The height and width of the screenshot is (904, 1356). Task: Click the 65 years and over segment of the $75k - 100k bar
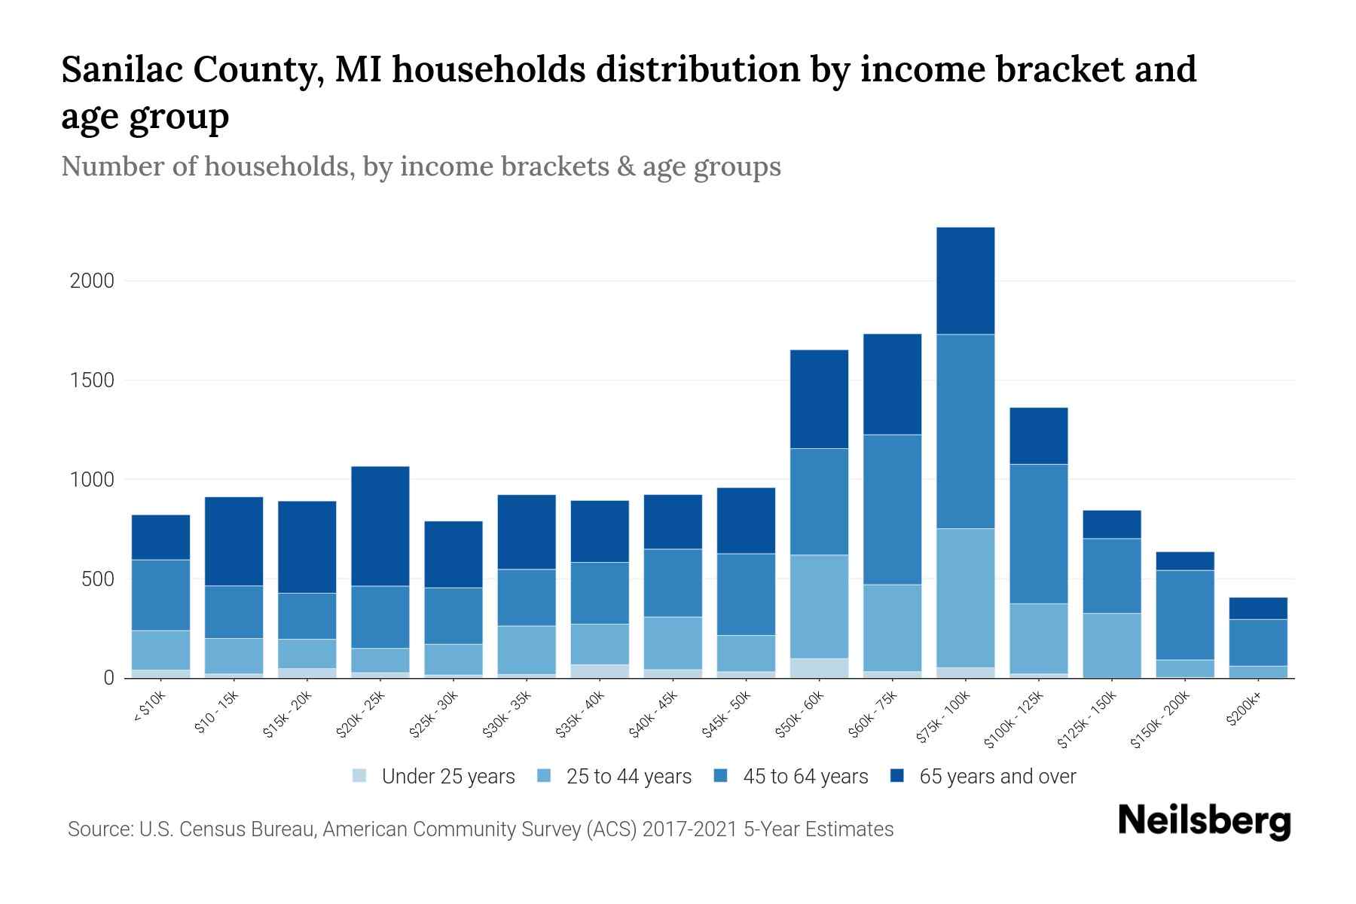(965, 280)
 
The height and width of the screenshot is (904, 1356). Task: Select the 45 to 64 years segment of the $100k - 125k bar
(1038, 533)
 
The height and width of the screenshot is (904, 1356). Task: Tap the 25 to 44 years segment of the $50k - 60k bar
(819, 606)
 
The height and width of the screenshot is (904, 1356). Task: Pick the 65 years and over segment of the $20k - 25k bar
(380, 526)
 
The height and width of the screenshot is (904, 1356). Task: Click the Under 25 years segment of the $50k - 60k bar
(819, 668)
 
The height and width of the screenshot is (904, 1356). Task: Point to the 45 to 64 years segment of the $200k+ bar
(1257, 643)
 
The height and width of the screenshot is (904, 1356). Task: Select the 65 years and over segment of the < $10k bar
(160, 537)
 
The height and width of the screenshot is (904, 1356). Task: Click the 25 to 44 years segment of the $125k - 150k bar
(1111, 646)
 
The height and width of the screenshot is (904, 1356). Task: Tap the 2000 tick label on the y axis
(92, 281)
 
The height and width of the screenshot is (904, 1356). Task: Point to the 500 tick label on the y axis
(98, 579)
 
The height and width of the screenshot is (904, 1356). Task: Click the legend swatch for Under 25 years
(360, 775)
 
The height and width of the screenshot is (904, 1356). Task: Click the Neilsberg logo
(1204, 821)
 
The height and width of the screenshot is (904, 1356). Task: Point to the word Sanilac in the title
(120, 70)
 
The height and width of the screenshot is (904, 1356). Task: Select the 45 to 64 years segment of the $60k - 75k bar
(892, 509)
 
